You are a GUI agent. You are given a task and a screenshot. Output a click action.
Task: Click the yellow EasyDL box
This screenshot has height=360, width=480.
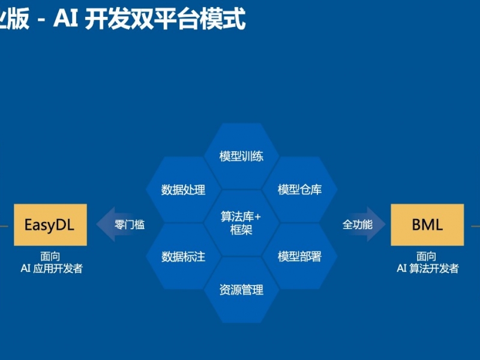[50, 224]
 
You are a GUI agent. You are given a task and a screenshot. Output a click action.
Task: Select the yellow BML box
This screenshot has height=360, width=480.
[427, 224]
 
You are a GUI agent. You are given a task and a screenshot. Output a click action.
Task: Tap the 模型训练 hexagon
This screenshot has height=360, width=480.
[242, 156]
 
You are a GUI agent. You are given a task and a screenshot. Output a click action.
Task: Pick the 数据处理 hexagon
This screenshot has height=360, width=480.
[184, 190]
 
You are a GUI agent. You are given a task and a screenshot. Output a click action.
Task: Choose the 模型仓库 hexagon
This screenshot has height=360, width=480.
[299, 190]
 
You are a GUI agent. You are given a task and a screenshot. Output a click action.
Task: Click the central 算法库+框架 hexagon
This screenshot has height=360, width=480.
[242, 223]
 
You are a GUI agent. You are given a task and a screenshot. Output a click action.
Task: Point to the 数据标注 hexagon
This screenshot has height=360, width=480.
[184, 256]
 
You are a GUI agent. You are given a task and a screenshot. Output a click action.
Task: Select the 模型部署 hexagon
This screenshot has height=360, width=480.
[299, 256]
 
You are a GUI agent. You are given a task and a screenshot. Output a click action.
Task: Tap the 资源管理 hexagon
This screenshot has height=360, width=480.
[242, 290]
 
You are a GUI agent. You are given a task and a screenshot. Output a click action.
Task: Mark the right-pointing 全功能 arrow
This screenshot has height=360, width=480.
[363, 224]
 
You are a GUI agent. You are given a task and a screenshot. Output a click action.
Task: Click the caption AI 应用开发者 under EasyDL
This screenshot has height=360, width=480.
[52, 268]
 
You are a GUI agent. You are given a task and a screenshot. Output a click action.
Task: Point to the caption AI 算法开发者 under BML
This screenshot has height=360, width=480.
[428, 268]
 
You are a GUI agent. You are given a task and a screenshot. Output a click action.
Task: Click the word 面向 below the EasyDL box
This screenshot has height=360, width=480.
[50, 256]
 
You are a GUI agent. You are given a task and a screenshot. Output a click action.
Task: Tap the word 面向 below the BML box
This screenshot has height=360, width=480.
[426, 256]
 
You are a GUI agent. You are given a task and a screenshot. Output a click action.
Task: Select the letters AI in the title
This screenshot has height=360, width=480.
[65, 19]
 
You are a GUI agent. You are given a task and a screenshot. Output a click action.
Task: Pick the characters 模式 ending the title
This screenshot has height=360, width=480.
[223, 19]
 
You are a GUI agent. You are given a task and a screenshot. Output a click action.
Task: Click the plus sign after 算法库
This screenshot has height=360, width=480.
[257, 217]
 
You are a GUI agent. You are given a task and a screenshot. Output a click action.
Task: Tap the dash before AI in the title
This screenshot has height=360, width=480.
[41, 21]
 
